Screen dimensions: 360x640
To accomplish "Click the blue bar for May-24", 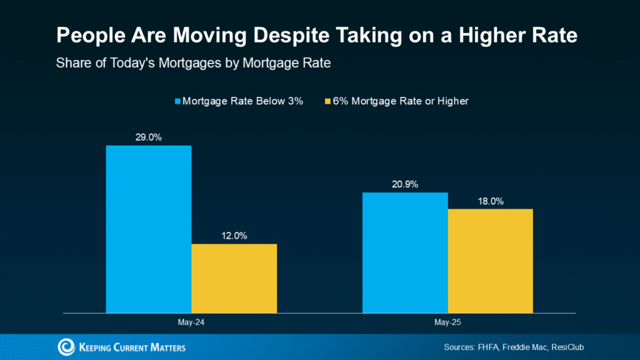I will [x=149, y=229].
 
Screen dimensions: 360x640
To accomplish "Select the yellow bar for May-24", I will [x=234, y=278].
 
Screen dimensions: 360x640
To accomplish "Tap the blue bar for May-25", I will [x=405, y=252].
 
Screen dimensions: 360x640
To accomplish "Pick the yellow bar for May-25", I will [x=490, y=261].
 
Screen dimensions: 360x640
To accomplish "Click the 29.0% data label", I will [x=149, y=137].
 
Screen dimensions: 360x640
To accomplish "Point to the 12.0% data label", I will [x=234, y=236].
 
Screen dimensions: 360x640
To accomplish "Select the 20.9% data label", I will [x=405, y=184].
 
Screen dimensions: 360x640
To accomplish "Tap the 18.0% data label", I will [x=491, y=201].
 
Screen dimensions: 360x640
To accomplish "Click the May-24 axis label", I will [x=191, y=324].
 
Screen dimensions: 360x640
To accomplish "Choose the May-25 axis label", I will [x=447, y=324].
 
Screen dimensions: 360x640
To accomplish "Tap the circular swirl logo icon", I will [x=66, y=347].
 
